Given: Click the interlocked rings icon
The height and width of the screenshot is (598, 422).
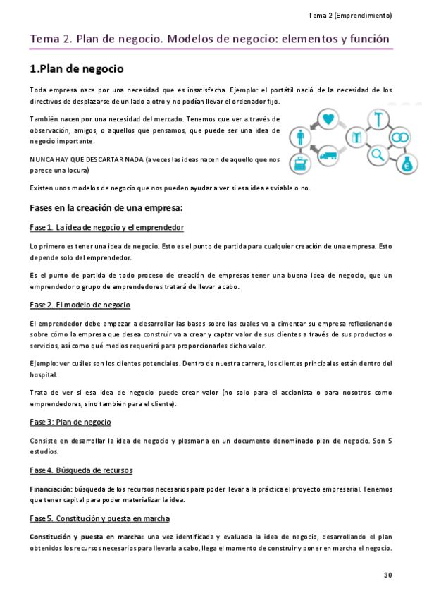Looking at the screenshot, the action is point(400,137).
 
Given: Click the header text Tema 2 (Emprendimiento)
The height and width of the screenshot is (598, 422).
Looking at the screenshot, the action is point(350,15).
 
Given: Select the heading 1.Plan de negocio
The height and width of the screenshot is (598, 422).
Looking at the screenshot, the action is point(77,69).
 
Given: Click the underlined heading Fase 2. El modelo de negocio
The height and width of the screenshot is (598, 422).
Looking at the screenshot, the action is point(80,305).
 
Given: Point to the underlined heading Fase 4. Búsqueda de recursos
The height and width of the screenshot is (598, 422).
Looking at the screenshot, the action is point(81,470).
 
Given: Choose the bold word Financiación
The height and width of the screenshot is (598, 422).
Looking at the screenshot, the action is point(50,488).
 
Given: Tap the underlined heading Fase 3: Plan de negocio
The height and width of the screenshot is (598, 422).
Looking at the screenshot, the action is point(70,422).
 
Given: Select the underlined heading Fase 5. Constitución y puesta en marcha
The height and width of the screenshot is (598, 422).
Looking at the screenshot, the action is point(99,518).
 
